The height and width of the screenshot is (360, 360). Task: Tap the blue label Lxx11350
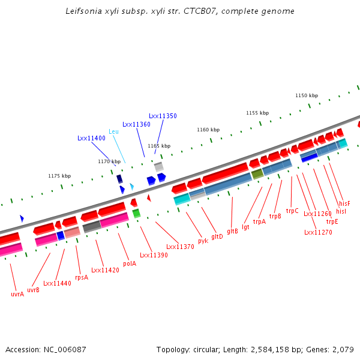[163, 116]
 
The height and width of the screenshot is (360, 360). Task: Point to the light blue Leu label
[113, 131]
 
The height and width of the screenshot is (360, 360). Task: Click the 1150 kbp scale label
[306, 95]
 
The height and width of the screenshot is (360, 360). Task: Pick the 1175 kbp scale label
[59, 176]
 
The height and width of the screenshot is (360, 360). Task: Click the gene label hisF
[344, 203]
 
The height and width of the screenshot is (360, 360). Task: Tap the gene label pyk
[203, 241]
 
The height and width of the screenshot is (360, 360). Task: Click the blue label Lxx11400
[91, 138]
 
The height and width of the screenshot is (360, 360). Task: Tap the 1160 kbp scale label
[208, 130]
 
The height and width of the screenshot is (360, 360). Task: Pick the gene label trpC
[292, 211]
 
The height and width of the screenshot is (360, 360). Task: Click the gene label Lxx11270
[317, 232]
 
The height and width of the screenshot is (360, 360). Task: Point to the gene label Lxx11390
[154, 255]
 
